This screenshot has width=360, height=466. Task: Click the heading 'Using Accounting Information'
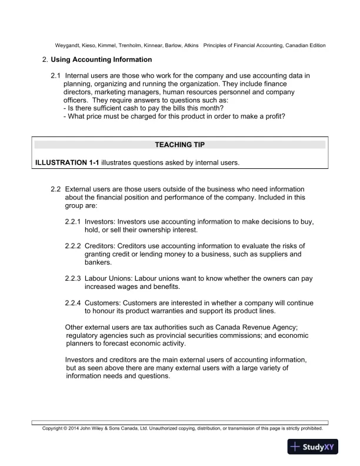click(x=101, y=59)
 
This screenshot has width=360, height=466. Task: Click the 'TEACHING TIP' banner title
click(x=179, y=144)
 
